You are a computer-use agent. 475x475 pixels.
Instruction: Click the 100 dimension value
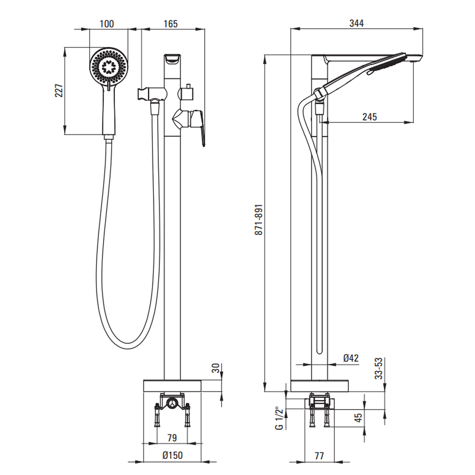point(108,24)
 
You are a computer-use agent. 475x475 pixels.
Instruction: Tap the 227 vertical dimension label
point(59,90)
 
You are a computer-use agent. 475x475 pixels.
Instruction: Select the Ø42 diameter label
point(351,359)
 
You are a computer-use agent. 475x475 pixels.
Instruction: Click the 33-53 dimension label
point(379,368)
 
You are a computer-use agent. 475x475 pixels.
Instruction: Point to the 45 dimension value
point(359,418)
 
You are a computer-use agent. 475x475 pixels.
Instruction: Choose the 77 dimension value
point(319,456)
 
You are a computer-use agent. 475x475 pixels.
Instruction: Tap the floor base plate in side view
point(319,386)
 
